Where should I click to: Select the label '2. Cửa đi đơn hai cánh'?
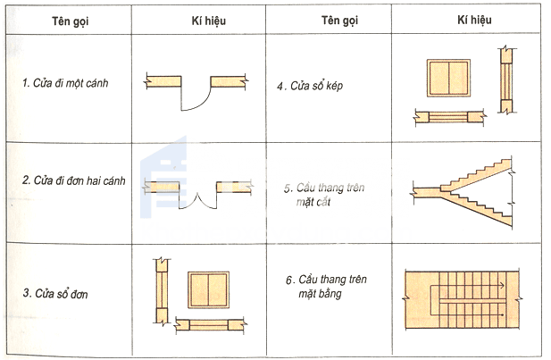[73, 180]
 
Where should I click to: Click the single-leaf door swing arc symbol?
[195, 95]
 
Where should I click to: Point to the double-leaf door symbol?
[198, 192]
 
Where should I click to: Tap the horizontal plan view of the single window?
[208, 325]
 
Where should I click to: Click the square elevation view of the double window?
[449, 80]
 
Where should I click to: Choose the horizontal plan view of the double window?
[449, 116]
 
